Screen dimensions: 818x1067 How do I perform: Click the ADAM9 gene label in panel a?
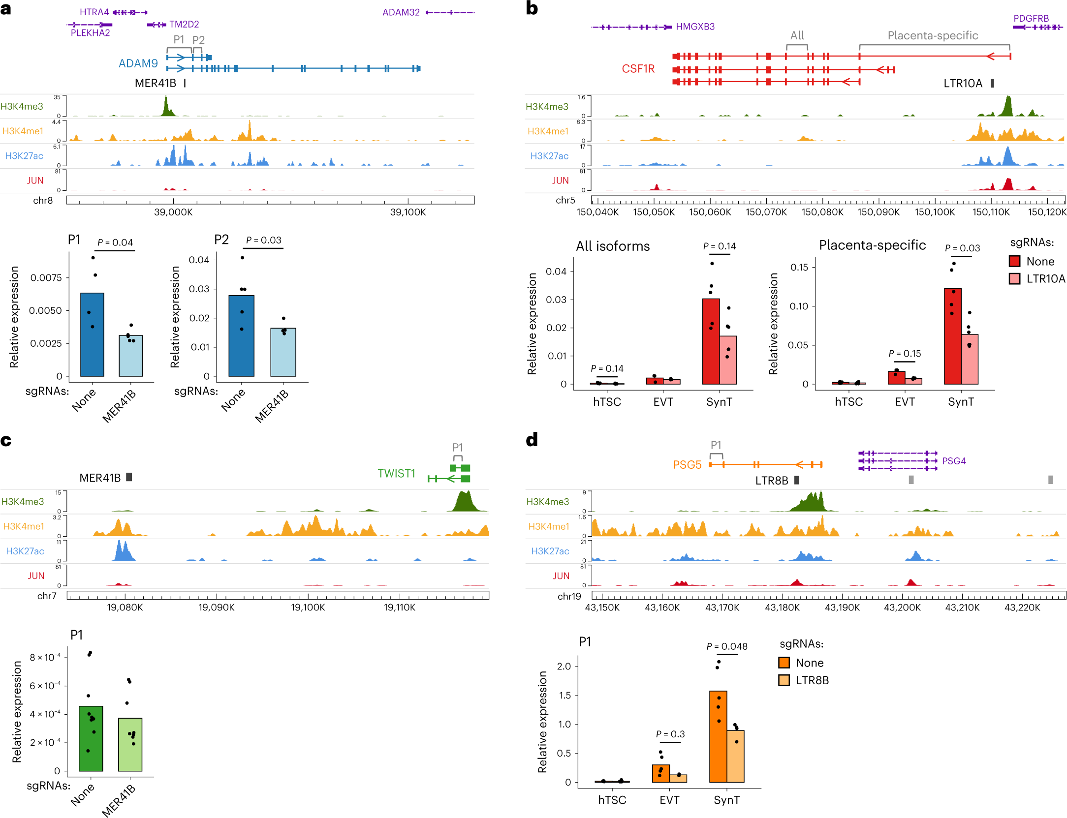138,63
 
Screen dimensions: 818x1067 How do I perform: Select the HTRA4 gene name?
94,12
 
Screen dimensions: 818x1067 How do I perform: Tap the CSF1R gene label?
638,69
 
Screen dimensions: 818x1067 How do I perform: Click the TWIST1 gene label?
396,473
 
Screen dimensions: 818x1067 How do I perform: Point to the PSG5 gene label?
687,465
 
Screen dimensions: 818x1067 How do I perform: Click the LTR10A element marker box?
992,83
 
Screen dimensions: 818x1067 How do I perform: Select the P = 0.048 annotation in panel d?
726,646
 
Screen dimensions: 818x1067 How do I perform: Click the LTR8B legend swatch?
784,680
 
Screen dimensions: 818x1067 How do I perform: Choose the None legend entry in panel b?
1014,261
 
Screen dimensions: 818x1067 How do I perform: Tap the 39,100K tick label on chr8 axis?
408,212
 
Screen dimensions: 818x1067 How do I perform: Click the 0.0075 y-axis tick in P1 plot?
46,278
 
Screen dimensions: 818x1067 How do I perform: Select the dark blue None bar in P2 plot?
241,335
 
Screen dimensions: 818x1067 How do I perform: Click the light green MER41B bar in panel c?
130,744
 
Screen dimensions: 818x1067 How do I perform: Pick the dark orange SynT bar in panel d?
718,736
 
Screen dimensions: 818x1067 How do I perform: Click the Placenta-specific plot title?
872,245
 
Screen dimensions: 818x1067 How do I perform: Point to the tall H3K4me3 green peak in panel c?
464,502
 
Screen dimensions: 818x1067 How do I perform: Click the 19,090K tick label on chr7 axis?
216,607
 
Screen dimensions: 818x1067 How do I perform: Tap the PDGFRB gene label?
1031,18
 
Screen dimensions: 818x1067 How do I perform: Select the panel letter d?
532,439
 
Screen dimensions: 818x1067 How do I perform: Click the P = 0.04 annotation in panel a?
115,242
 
